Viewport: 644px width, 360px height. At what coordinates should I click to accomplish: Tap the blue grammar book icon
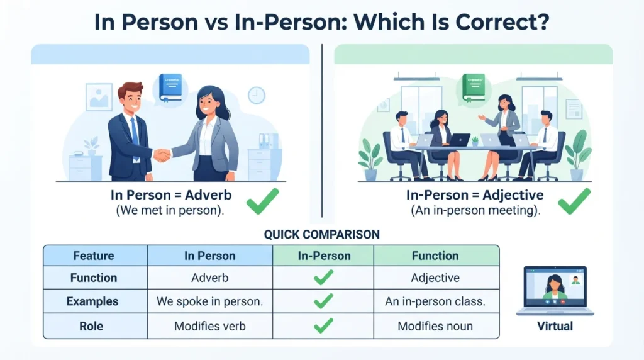(x=170, y=87)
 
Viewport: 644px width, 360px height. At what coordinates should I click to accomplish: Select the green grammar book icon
(x=473, y=87)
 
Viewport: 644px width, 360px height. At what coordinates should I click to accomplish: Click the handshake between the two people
(x=162, y=155)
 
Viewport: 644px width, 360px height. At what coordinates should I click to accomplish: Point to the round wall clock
(x=257, y=95)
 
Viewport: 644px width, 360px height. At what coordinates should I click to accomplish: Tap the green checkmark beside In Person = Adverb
(x=263, y=201)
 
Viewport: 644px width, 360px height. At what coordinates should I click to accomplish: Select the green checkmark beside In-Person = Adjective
(x=574, y=201)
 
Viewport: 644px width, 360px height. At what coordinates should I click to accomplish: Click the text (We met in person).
(x=170, y=210)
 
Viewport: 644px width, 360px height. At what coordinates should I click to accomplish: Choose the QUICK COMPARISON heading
(x=321, y=234)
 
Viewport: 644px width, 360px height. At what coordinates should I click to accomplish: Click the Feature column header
(x=94, y=256)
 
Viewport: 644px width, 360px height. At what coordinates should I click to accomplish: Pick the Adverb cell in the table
(x=210, y=278)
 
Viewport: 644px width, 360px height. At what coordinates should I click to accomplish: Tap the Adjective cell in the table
(x=435, y=278)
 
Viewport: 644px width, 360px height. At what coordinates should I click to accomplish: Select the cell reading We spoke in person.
(x=210, y=301)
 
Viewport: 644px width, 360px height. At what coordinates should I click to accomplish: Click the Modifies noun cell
(x=435, y=326)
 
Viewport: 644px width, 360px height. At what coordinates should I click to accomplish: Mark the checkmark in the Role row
(x=323, y=325)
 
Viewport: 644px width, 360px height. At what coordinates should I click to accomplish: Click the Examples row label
(x=92, y=301)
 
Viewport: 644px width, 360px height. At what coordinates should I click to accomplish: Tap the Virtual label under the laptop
(x=555, y=326)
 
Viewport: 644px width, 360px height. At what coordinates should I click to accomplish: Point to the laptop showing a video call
(x=555, y=291)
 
